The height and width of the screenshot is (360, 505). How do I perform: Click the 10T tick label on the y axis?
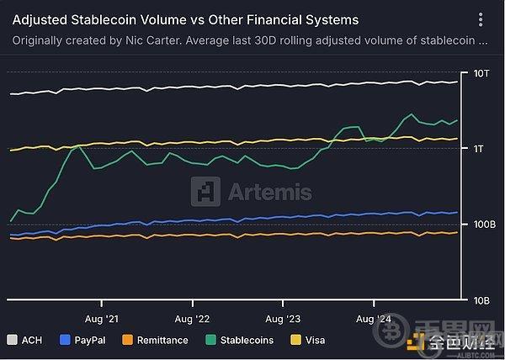[481, 74]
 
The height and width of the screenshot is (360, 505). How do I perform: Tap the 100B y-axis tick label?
[476, 225]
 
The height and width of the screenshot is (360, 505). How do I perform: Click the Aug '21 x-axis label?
[101, 319]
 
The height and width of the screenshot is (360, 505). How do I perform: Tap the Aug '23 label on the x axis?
[283, 319]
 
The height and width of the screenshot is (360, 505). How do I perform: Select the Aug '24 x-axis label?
[374, 319]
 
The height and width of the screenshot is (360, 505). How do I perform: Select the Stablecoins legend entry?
[245, 341]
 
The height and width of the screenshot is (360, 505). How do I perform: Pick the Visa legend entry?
[313, 341]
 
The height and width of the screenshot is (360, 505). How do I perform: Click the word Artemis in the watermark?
[269, 192]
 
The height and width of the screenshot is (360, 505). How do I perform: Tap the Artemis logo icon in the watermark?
[205, 192]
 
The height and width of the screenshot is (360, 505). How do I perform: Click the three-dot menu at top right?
[481, 19]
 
